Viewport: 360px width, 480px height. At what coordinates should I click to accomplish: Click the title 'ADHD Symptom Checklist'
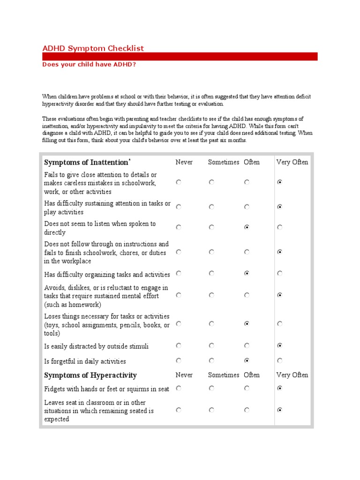93,48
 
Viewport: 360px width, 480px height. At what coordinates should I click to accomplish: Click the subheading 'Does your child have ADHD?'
89,64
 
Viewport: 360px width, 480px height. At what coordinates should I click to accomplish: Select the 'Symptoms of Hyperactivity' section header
90,375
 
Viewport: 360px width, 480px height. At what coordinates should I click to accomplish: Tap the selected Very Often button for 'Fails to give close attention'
280,182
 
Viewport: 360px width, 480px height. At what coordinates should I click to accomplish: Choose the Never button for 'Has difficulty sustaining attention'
179,206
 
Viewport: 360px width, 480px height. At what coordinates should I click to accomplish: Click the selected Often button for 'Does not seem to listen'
247,227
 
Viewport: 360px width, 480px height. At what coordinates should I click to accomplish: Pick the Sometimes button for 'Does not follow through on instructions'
211,252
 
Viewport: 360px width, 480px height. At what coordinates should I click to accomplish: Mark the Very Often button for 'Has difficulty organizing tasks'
280,273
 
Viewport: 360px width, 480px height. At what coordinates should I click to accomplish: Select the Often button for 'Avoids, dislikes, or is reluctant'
247,295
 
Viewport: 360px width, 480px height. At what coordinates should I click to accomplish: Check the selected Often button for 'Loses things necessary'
247,323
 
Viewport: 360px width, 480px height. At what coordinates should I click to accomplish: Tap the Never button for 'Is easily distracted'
179,345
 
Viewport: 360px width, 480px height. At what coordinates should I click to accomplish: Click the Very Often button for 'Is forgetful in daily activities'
280,360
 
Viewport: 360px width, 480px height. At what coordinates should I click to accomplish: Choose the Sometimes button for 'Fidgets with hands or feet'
211,388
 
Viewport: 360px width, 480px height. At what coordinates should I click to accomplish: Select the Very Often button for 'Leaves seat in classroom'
280,410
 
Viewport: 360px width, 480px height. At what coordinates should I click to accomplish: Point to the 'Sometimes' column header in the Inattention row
224,162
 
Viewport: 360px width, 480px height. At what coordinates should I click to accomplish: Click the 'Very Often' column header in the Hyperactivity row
292,375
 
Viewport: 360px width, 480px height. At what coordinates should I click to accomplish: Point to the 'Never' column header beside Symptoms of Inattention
184,162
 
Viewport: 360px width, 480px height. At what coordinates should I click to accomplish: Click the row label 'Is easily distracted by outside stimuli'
97,346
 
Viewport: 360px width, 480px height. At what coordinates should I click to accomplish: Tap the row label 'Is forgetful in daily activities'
85,361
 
